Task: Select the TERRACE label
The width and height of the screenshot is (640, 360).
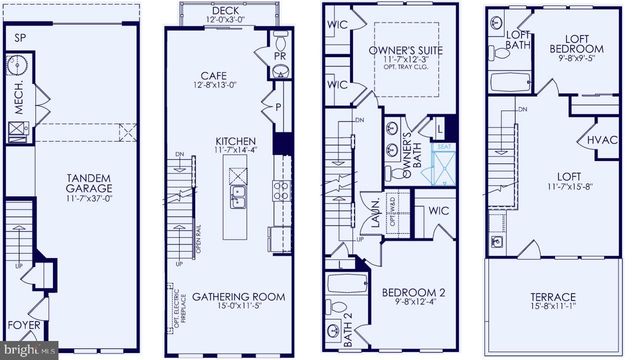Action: (552, 298)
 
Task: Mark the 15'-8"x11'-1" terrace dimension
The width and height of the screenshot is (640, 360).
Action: (552, 310)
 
